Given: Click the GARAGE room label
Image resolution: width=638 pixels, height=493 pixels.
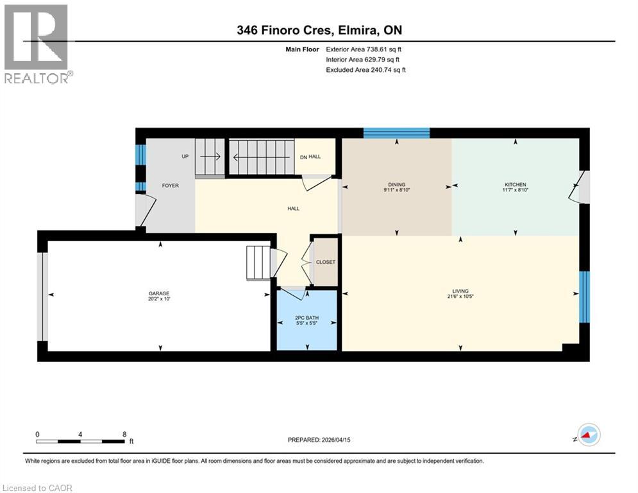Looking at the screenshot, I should [x=160, y=293].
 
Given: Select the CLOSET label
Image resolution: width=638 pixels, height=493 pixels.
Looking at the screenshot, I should [x=325, y=262].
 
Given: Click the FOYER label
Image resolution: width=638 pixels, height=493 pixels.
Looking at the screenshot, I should [x=170, y=186].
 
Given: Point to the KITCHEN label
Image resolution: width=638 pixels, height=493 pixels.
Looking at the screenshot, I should [x=515, y=184].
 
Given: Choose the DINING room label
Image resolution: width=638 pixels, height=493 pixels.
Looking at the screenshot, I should [x=396, y=184].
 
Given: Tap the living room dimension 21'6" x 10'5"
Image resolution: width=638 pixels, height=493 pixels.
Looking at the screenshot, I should [x=460, y=297].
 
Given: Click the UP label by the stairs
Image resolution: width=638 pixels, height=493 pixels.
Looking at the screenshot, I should [x=185, y=156].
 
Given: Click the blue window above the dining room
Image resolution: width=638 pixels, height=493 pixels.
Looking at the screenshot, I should [x=396, y=133].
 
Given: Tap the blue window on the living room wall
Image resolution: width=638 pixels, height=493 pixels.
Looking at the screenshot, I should [x=584, y=297].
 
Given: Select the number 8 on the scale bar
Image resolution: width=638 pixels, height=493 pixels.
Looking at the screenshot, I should [x=124, y=434].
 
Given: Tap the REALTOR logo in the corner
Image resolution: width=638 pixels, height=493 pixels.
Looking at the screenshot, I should [x=37, y=43].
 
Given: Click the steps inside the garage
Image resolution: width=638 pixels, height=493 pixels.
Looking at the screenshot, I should [x=259, y=261].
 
